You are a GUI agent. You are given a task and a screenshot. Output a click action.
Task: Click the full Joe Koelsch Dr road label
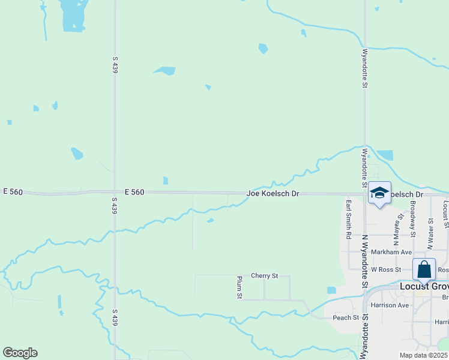(273, 194)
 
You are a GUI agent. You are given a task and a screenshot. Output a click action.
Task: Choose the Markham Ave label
(391, 252)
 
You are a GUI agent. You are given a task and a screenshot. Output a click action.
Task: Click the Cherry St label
(265, 275)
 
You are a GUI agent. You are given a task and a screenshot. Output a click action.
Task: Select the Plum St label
(240, 287)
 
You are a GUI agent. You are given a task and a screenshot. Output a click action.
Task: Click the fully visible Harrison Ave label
(390, 305)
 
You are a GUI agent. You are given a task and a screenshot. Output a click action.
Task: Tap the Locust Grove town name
(424, 287)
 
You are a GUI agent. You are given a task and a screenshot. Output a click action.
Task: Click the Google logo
(20, 353)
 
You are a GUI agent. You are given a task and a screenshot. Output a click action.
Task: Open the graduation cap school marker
(379, 193)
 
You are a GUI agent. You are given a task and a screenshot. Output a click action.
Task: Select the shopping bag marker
(424, 269)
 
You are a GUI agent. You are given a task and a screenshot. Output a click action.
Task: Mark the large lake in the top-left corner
(73, 16)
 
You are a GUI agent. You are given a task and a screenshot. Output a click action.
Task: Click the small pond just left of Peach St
(331, 290)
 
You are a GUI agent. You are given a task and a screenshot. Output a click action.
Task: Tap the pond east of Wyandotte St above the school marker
(384, 155)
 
